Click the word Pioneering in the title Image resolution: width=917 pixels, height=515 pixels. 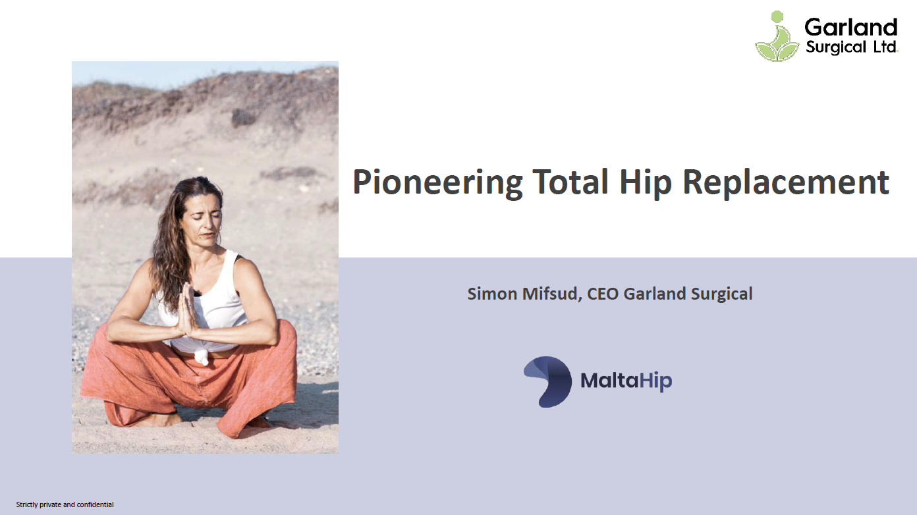(x=437, y=182)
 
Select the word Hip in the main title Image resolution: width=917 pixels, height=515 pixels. (x=646, y=182)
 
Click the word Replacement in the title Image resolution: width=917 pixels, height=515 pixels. (x=786, y=182)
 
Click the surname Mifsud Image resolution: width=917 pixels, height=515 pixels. (x=552, y=294)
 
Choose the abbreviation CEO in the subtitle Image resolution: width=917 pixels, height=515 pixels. (x=603, y=294)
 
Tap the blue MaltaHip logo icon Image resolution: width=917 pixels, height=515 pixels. (x=547, y=381)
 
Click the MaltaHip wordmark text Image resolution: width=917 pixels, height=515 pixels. (x=626, y=381)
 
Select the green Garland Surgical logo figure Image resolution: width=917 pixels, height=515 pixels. (x=777, y=37)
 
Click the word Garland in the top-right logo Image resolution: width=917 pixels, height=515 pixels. (x=851, y=28)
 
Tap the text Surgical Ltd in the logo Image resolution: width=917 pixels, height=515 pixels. (x=852, y=47)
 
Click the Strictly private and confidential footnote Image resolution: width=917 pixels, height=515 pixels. (x=65, y=504)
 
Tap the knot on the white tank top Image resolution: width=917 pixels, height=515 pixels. (x=202, y=356)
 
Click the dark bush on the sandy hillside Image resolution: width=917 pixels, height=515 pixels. (x=243, y=118)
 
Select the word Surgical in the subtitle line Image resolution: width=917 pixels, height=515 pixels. (x=722, y=294)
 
